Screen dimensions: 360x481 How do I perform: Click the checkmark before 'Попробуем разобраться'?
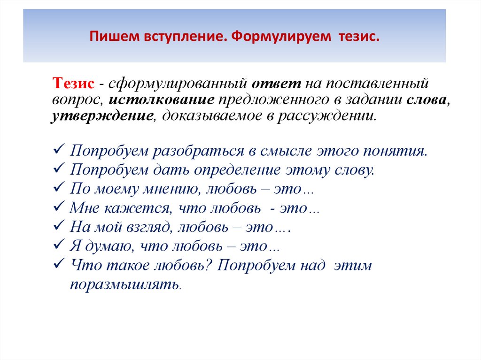point(59,151)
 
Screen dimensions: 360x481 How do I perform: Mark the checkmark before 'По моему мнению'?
point(59,189)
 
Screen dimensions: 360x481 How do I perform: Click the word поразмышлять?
point(124,284)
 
